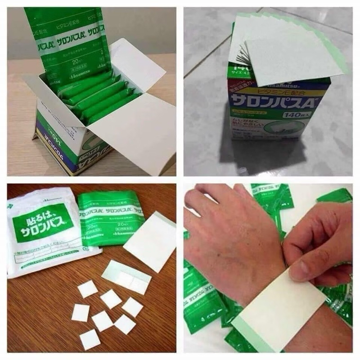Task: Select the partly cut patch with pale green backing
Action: click(126, 277)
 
